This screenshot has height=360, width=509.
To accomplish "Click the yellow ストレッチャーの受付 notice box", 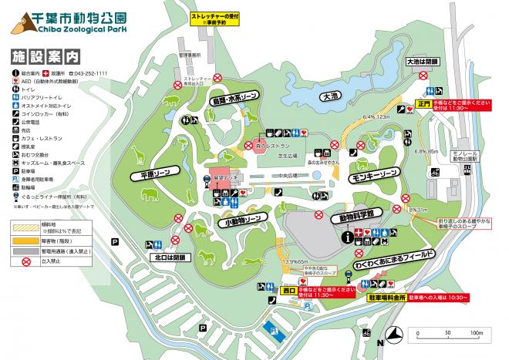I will click(x=211, y=19).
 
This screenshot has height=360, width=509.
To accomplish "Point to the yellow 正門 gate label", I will click(x=422, y=103).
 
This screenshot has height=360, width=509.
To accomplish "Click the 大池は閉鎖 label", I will click(x=422, y=60).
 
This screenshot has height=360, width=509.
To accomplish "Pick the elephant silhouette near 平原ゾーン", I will click(x=150, y=200).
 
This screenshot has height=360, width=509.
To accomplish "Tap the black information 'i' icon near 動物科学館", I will click(x=349, y=237).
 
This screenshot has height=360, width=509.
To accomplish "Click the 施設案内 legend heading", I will click(x=46, y=56).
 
